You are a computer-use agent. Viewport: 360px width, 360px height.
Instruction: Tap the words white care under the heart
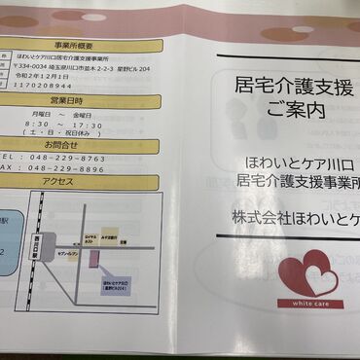306,305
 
